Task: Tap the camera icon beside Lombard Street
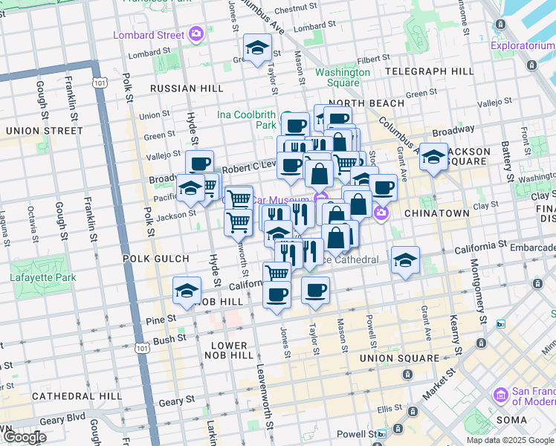click(x=195, y=33)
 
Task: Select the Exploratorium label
click(x=522, y=47)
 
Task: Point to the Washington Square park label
click(x=342, y=77)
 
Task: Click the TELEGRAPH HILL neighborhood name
click(x=430, y=71)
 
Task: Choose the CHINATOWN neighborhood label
click(x=436, y=213)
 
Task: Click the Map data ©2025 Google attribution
click(x=510, y=440)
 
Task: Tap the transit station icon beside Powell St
click(x=381, y=433)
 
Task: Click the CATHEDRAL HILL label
click(x=66, y=395)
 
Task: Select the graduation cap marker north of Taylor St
click(x=258, y=49)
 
